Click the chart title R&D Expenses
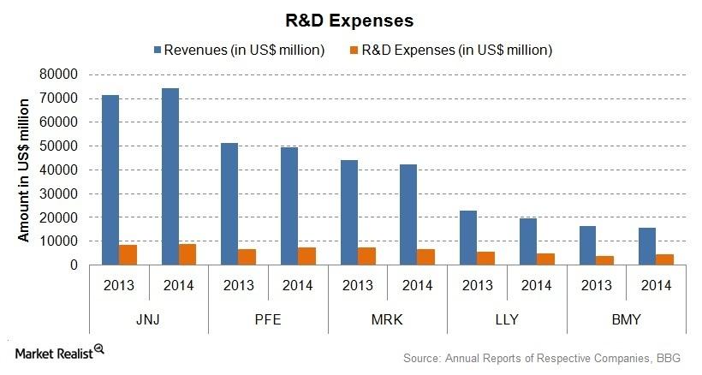352,18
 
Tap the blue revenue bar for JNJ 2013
110,180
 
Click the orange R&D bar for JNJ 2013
128,255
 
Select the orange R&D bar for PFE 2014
306,256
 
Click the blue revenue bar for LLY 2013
468,238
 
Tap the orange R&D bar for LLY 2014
545,259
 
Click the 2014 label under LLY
537,285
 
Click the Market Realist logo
58,352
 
